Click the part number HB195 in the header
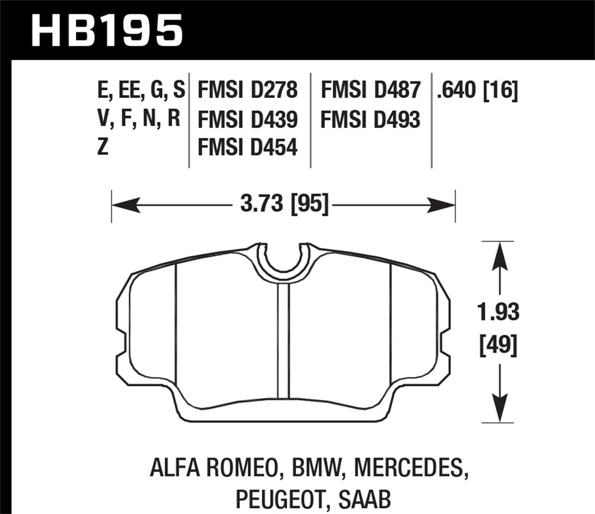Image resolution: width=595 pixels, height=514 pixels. pyautogui.click(x=106, y=30)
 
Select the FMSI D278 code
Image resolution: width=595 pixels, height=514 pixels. pyautogui.click(x=247, y=90)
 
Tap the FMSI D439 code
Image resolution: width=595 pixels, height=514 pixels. pyautogui.click(x=247, y=120)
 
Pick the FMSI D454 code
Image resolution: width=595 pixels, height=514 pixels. pyautogui.click(x=247, y=147)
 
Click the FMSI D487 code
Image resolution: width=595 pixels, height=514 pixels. pyautogui.click(x=370, y=90)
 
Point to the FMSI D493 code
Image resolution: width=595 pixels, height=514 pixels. pyautogui.click(x=370, y=120)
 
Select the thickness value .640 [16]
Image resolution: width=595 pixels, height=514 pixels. pyautogui.click(x=477, y=90)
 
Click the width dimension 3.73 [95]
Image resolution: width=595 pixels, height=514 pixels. pyautogui.click(x=285, y=204)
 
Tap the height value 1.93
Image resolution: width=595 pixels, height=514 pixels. pyautogui.click(x=499, y=312)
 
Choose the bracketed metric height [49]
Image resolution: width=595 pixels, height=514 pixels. pyautogui.click(x=499, y=346)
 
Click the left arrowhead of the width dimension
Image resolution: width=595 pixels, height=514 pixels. pyautogui.click(x=126, y=205)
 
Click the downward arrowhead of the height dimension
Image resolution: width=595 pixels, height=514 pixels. pyautogui.click(x=499, y=402)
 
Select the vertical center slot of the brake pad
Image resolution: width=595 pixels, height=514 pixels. pyautogui.click(x=283, y=342)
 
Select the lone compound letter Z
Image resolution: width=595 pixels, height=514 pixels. pyautogui.click(x=103, y=147)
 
